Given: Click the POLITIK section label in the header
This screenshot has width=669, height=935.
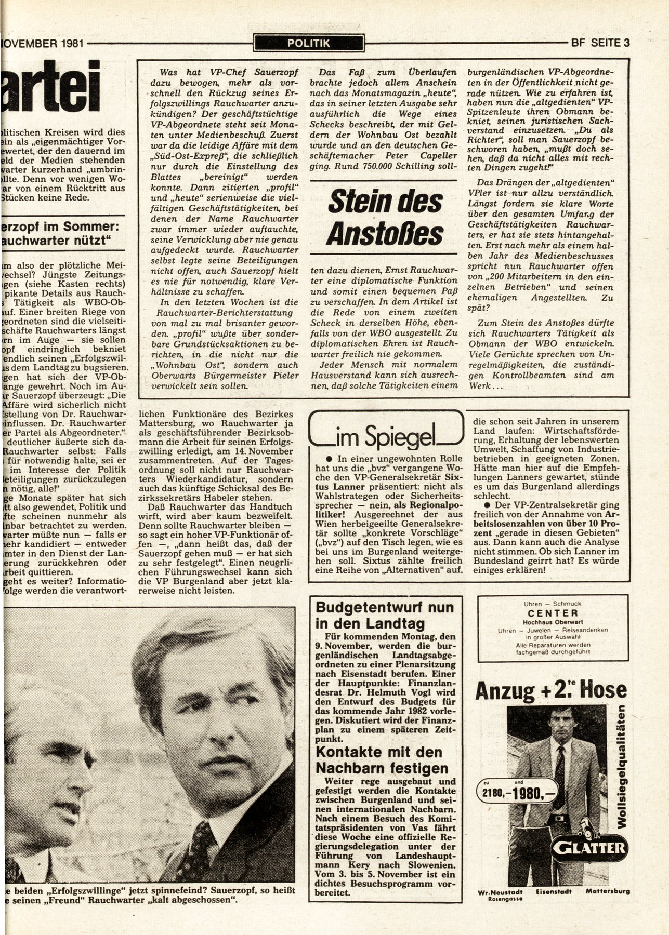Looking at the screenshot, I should [309, 43].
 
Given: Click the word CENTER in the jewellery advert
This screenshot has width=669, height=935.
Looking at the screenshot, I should [553, 613].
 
